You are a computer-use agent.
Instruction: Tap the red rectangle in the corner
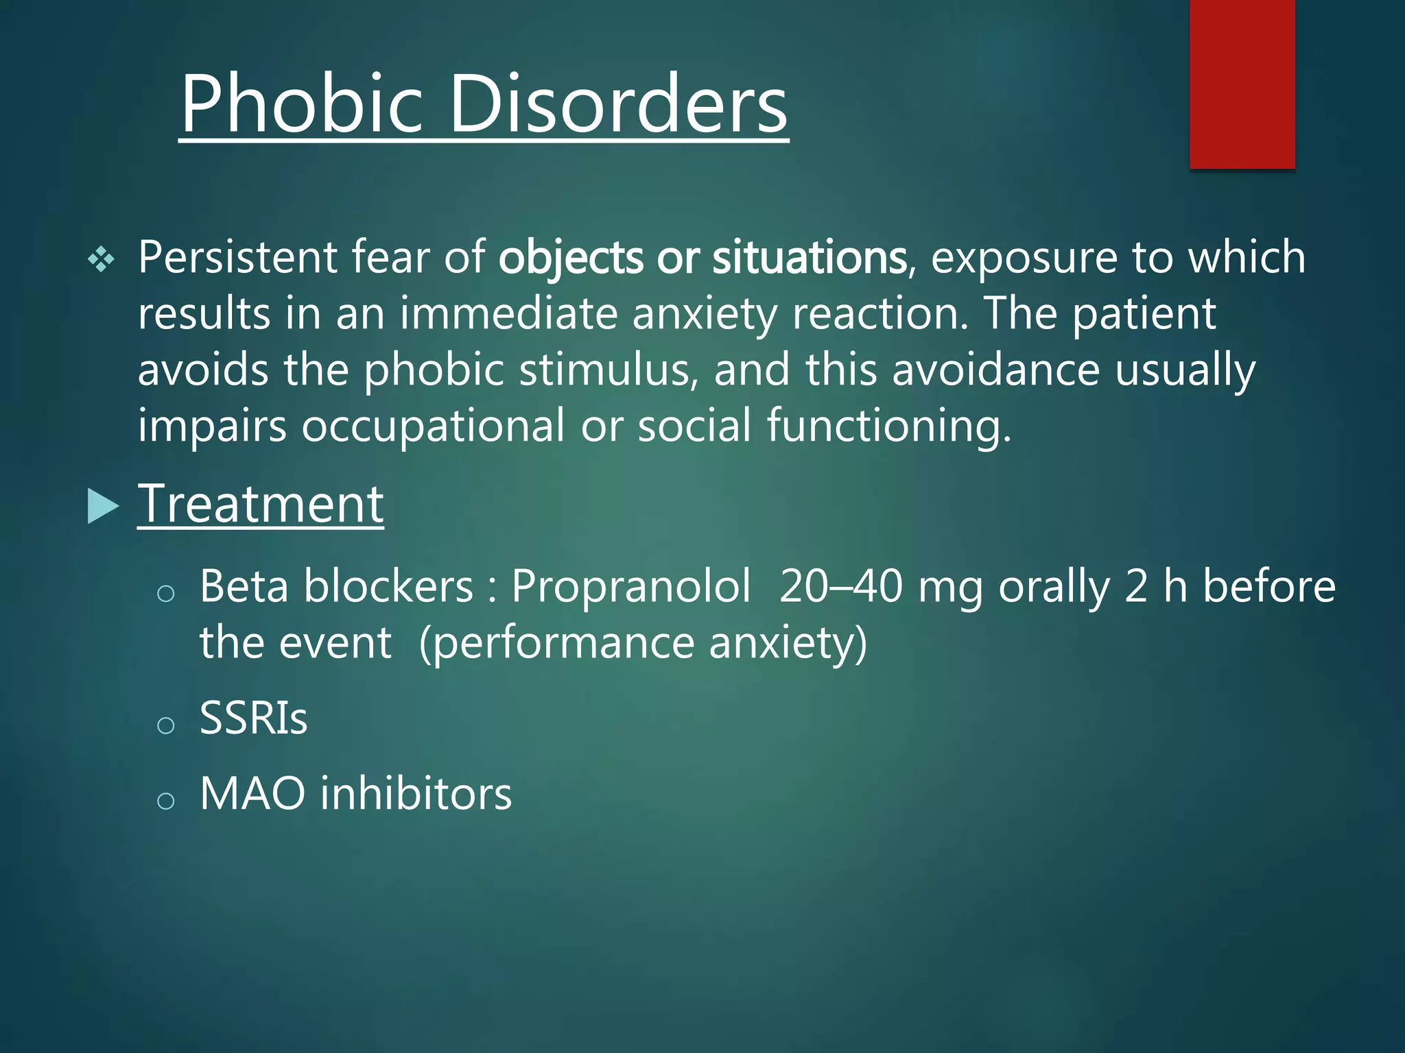(x=1242, y=84)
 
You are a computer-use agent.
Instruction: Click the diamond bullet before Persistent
(x=102, y=260)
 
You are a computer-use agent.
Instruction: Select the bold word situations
(x=810, y=258)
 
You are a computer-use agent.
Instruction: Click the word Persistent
(x=237, y=258)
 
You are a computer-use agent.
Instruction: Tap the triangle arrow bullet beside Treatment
(x=103, y=506)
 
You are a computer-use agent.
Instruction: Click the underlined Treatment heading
(x=261, y=505)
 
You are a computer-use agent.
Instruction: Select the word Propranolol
(x=631, y=588)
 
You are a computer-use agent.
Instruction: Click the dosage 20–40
(x=840, y=588)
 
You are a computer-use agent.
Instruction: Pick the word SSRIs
(x=253, y=718)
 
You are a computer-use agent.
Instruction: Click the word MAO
(x=252, y=794)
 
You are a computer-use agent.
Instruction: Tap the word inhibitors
(x=416, y=794)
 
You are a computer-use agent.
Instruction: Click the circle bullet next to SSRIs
(x=165, y=725)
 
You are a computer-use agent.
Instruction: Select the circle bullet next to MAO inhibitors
(x=165, y=801)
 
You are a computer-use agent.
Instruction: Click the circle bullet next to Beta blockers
(x=165, y=594)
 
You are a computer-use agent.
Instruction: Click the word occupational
(x=433, y=426)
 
